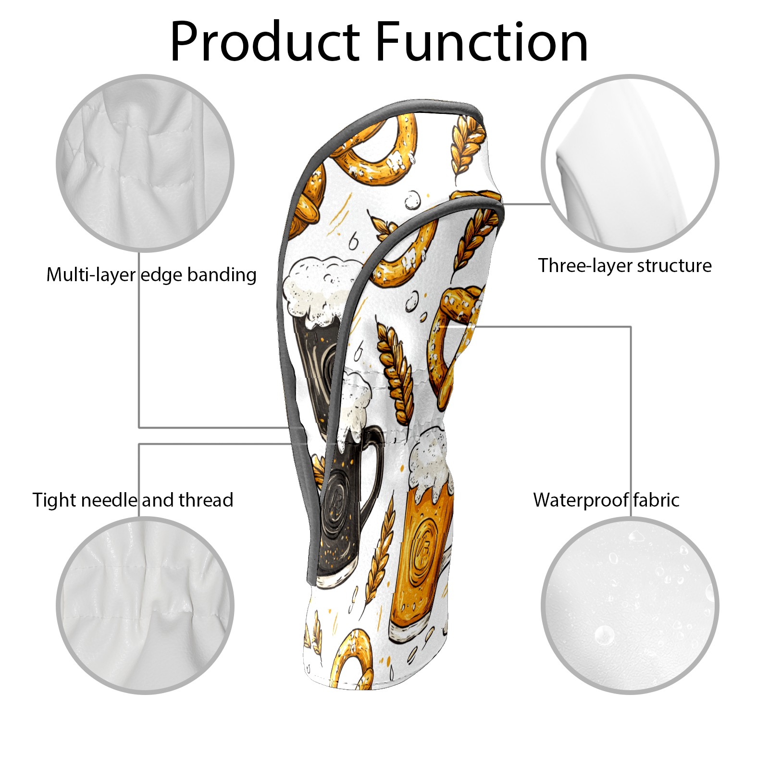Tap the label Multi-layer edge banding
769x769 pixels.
point(151,275)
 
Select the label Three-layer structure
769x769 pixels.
point(624,266)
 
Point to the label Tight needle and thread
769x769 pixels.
point(133,500)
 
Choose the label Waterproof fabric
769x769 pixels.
point(606,500)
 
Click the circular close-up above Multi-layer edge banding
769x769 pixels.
point(145,163)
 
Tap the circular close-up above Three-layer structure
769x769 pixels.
point(630,163)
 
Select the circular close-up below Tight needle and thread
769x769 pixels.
point(145,605)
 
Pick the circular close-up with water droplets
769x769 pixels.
point(630,605)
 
